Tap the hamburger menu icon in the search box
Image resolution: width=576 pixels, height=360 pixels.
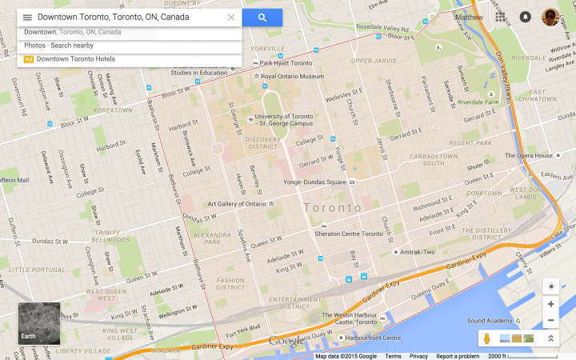pyautogui.click(x=27, y=17)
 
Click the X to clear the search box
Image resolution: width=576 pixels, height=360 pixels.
pyautogui.click(x=231, y=17)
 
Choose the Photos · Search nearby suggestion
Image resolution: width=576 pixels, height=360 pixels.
pyautogui.click(x=58, y=46)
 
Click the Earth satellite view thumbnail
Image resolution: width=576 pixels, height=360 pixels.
pyautogui.click(x=39, y=323)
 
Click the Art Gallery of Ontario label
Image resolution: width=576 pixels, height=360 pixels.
pyautogui.click(x=237, y=204)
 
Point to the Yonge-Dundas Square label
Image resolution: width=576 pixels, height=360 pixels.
pyautogui.click(x=316, y=182)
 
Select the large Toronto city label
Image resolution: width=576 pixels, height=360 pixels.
pyautogui.click(x=332, y=207)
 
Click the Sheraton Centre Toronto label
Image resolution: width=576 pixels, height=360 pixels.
pyautogui.click(x=350, y=234)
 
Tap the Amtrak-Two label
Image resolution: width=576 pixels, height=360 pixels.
pyautogui.click(x=418, y=252)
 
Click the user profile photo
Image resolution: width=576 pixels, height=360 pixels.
pyautogui.click(x=550, y=17)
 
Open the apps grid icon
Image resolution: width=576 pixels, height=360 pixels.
pyautogui.click(x=501, y=17)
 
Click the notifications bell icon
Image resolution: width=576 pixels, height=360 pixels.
pyautogui.click(x=526, y=17)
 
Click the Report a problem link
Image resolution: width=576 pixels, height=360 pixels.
pyautogui.click(x=458, y=356)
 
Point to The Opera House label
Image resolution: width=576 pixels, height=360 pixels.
pyautogui.click(x=529, y=155)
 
